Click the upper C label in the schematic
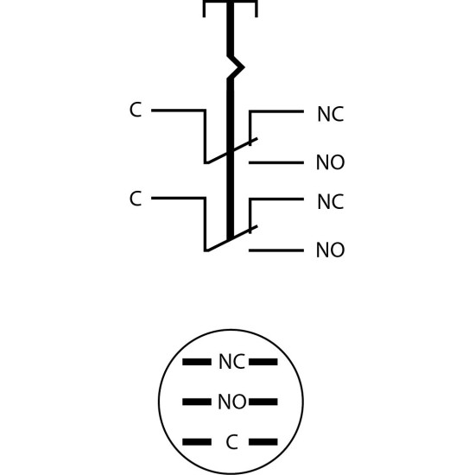(136, 110)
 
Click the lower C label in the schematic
(136, 199)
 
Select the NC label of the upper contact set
(331, 114)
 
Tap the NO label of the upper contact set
(330, 162)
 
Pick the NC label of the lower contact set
(331, 202)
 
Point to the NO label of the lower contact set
(330, 250)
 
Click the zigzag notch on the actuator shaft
(236, 67)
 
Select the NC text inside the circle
(231, 361)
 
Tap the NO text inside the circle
(232, 402)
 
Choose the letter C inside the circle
(231, 442)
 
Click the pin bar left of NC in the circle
(197, 362)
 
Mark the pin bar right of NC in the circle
(263, 362)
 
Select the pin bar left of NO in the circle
(197, 402)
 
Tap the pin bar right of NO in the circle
(263, 402)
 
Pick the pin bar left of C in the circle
(197, 442)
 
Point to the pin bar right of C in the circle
(263, 442)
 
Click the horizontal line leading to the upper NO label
(276, 163)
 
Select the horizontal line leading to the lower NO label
(276, 250)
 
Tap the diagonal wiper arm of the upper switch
(231, 151)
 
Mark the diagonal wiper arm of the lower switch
(231, 238)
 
